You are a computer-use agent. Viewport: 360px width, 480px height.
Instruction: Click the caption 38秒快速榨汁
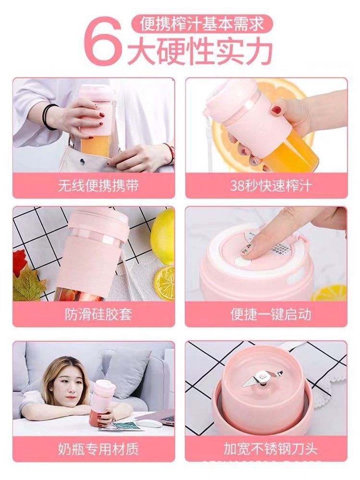(x=266, y=185)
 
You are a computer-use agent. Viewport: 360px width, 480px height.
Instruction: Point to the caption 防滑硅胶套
(x=98, y=314)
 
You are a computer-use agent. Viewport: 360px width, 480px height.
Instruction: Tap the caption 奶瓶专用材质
(x=98, y=449)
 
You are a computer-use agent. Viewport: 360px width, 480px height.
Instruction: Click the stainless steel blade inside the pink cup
(x=262, y=379)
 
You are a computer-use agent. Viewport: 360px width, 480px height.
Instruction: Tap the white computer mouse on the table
(x=150, y=423)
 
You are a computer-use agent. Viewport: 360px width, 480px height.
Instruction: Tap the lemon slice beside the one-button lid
(x=331, y=293)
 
